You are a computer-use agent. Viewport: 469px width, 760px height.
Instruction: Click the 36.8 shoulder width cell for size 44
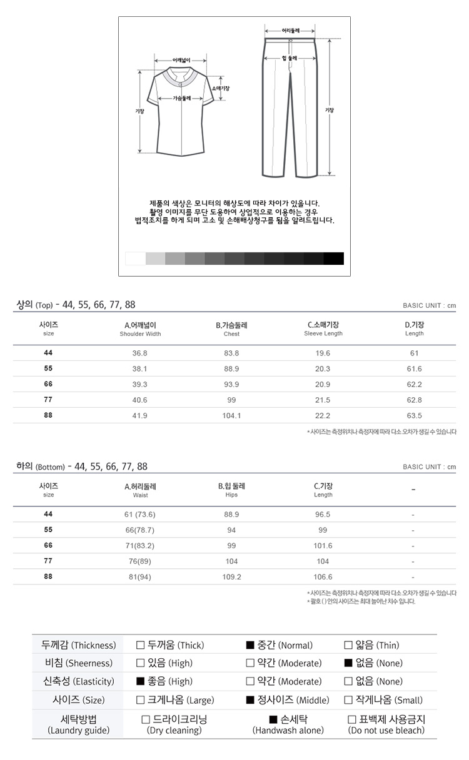pyautogui.click(x=140, y=353)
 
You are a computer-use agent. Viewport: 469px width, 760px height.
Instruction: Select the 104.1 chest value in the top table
pyautogui.click(x=231, y=416)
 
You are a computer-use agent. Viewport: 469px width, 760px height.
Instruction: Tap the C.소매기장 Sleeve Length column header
pyautogui.click(x=323, y=328)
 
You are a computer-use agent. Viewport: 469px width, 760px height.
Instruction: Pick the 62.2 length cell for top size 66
pyautogui.click(x=414, y=385)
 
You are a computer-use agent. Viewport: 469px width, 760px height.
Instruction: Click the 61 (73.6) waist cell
pyautogui.click(x=140, y=515)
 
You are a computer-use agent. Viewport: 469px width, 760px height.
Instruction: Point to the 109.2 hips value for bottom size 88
pyautogui.click(x=231, y=577)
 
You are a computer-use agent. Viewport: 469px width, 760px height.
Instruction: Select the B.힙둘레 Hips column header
pyautogui.click(x=231, y=490)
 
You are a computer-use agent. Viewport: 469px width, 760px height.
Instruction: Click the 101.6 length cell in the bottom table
pyautogui.click(x=323, y=546)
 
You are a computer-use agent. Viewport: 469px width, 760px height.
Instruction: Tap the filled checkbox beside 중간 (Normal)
pyautogui.click(x=250, y=646)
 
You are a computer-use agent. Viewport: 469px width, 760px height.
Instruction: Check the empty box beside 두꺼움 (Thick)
pyautogui.click(x=140, y=646)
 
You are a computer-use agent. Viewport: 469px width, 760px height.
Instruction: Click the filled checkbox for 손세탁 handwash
pyautogui.click(x=273, y=719)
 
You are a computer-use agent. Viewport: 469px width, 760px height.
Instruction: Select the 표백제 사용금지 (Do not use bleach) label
pyautogui.click(x=386, y=724)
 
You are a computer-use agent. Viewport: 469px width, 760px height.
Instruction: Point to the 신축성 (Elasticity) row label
pyautogui.click(x=78, y=681)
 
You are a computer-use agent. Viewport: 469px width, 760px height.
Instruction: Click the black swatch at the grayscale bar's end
pyautogui.click(x=334, y=259)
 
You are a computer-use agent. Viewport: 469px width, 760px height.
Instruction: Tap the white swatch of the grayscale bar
pyautogui.click(x=135, y=259)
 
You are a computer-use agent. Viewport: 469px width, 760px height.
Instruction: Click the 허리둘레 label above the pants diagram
pyautogui.click(x=291, y=30)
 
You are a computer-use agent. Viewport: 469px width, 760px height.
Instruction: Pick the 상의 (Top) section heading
pyautogui.click(x=34, y=305)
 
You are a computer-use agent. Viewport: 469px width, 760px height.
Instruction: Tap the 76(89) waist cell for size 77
pyautogui.click(x=140, y=561)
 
